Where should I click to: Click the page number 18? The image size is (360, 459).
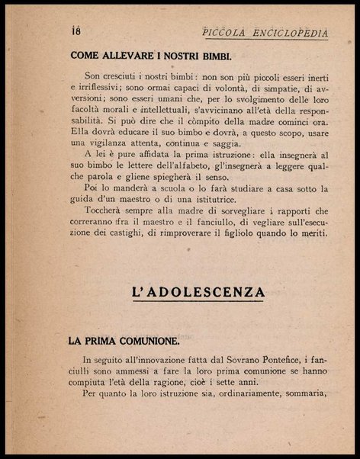(x=75, y=30)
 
